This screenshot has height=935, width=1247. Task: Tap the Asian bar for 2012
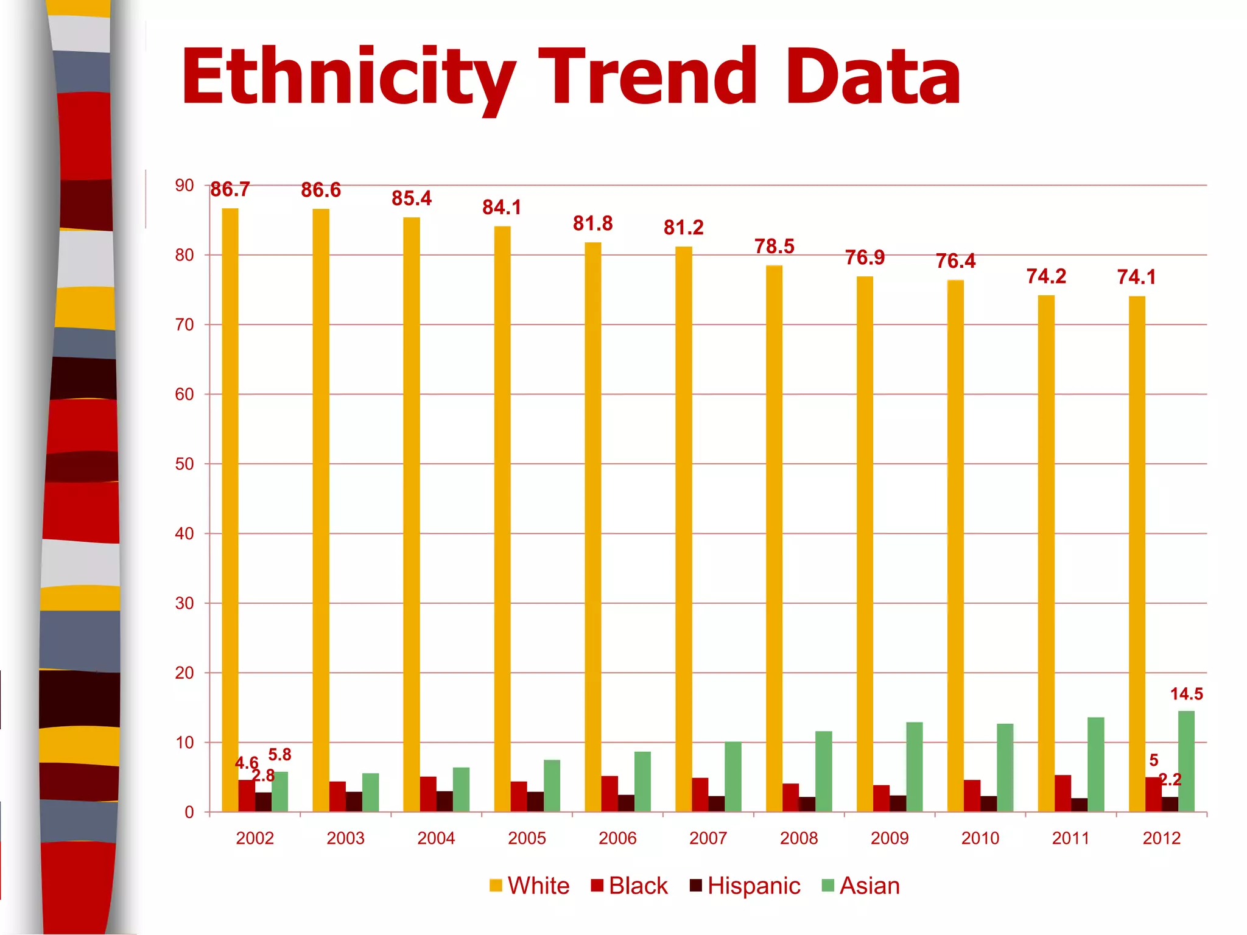pyautogui.click(x=1186, y=761)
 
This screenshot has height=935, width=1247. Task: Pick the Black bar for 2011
pyautogui.click(x=1063, y=793)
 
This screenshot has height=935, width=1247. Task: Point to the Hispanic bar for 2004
pyautogui.click(x=444, y=801)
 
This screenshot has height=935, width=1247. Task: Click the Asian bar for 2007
pyautogui.click(x=733, y=777)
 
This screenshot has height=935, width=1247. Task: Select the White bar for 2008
pyautogui.click(x=774, y=538)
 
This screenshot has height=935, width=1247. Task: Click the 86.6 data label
pyautogui.click(x=321, y=191)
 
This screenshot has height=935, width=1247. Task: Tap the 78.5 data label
pyautogui.click(x=775, y=247)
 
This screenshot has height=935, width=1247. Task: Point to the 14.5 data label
pyautogui.click(x=1186, y=694)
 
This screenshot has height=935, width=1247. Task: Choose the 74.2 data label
pyautogui.click(x=1046, y=276)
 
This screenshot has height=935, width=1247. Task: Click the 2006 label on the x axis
pyautogui.click(x=617, y=838)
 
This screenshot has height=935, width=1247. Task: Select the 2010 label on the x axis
pyautogui.click(x=980, y=838)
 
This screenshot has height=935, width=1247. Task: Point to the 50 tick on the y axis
pyautogui.click(x=184, y=464)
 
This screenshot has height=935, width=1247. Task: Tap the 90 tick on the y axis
pyautogui.click(x=184, y=185)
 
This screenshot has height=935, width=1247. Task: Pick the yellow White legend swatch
pyautogui.click(x=496, y=886)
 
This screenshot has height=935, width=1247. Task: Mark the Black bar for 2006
pyautogui.click(x=609, y=794)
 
